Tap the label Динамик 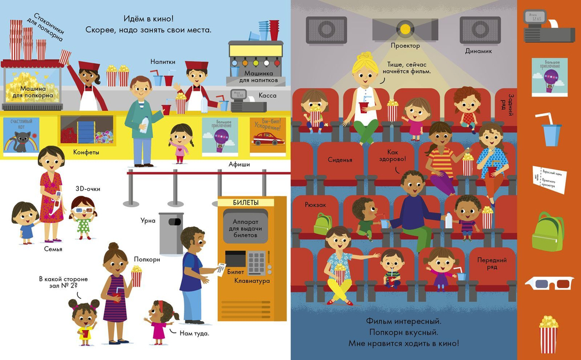click(x=479, y=51)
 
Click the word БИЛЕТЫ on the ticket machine click(x=246, y=202)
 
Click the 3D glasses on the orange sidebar click(x=549, y=283)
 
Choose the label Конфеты click(x=87, y=152)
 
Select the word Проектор click(x=406, y=45)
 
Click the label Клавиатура click(x=252, y=281)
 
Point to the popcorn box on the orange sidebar click(x=548, y=334)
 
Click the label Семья click(x=52, y=249)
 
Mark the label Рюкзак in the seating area click(x=316, y=204)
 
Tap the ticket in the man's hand click(x=220, y=268)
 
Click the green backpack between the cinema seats click(x=323, y=224)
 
